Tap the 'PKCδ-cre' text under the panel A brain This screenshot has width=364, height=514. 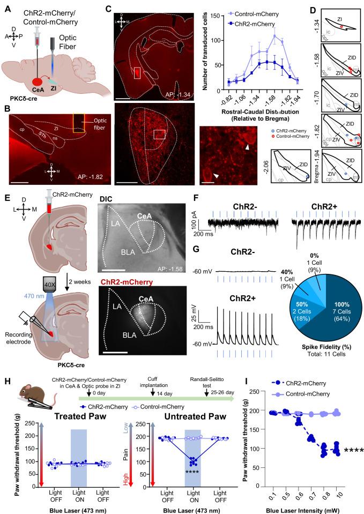20,100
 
